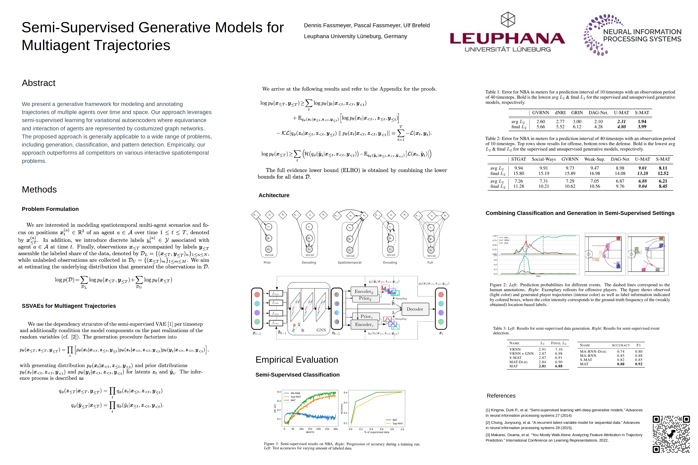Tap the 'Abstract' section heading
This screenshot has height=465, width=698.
(x=39, y=83)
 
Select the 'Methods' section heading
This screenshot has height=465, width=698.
(x=39, y=190)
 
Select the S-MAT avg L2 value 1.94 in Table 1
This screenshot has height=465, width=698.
(x=642, y=121)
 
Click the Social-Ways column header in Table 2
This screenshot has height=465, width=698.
(x=544, y=159)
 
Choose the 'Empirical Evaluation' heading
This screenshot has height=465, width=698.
(x=297, y=359)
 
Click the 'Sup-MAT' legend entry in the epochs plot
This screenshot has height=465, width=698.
(x=296, y=397)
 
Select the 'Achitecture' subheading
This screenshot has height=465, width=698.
(x=274, y=195)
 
